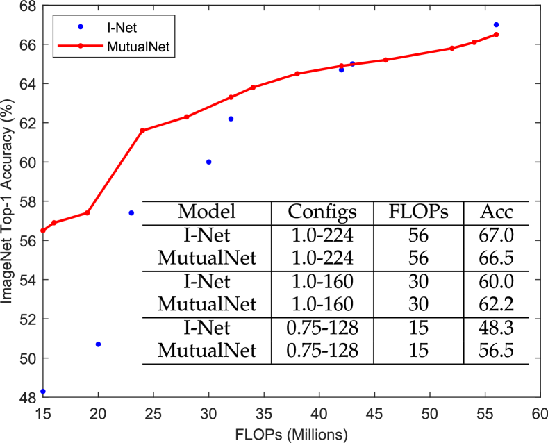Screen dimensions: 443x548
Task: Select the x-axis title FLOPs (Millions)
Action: tap(291, 433)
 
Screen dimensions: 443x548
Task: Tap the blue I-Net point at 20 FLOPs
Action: tap(98, 344)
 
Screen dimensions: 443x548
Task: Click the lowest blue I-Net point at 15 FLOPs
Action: tap(43, 392)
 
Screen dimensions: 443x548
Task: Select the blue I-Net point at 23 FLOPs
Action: tap(131, 212)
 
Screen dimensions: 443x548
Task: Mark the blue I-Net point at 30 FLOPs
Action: tap(208, 162)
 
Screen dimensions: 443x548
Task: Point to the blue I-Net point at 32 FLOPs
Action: tap(231, 119)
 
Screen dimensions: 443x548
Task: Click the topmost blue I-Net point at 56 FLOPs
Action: tap(496, 25)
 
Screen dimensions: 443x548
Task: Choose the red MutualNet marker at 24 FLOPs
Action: tap(142, 131)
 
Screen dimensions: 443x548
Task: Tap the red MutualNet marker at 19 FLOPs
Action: tap(87, 213)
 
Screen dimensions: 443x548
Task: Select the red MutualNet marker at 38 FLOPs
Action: tap(297, 74)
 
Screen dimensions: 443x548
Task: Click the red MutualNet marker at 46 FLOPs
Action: tap(385, 60)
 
